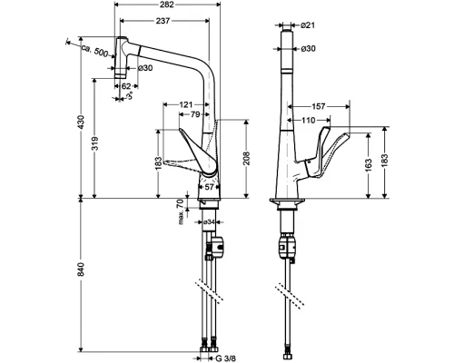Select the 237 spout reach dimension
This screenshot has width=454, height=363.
(165, 22)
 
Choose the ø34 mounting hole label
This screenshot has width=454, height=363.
(208, 221)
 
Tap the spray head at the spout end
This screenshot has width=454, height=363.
(118, 65)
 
